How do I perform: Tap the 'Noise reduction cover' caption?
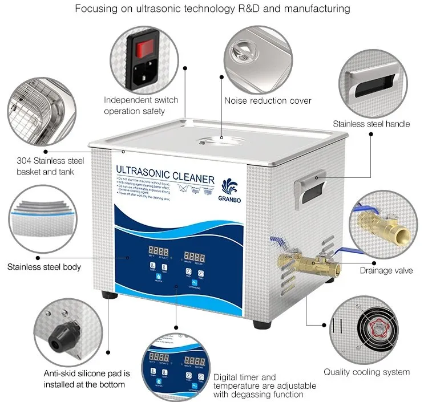[267, 101]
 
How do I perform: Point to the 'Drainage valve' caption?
[386, 270]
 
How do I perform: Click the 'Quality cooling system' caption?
[366, 372]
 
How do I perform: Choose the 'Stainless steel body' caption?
[44, 266]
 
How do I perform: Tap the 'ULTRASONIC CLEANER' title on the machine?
[165, 170]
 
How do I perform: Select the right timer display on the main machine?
[195, 251]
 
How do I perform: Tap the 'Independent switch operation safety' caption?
[140, 105]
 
